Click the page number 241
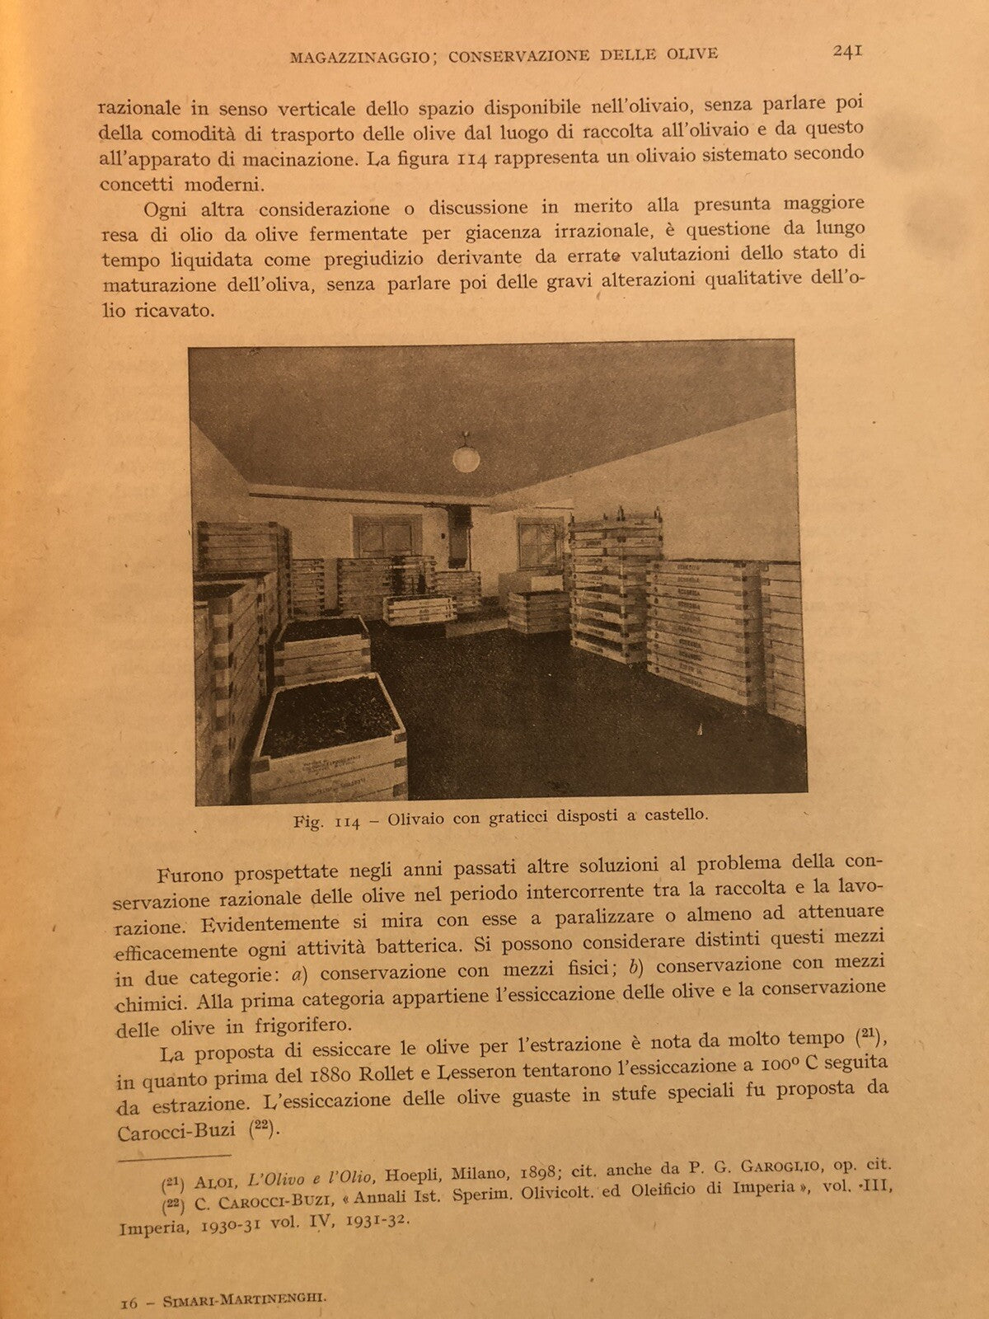coord(847,50)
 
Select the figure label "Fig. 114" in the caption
coord(327,823)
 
